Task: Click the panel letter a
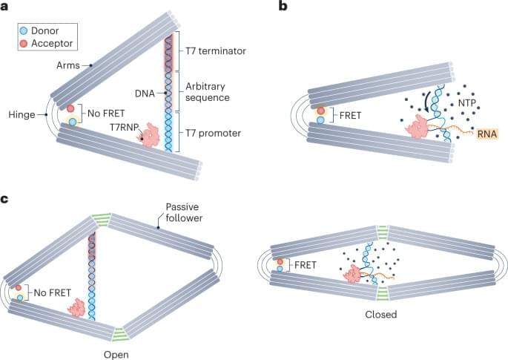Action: [x=6, y=7]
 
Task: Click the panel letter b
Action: [x=283, y=7]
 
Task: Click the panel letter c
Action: [x=6, y=194]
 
